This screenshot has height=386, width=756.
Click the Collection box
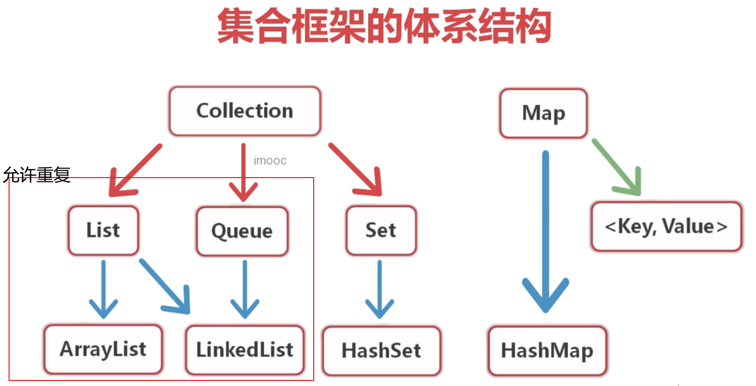245,111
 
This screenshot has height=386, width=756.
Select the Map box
543,113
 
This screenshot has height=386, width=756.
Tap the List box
103,230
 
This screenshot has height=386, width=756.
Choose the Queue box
242,231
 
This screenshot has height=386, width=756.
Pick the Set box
381,230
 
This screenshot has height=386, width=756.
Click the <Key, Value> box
666,227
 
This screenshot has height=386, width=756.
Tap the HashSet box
381,351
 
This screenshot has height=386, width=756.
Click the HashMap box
547,351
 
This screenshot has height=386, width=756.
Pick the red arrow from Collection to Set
356,170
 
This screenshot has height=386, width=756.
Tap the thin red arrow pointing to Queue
244,174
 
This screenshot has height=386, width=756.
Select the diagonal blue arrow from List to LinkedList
165,285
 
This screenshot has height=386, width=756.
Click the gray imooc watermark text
270,160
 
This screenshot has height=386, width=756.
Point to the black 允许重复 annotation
36,175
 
